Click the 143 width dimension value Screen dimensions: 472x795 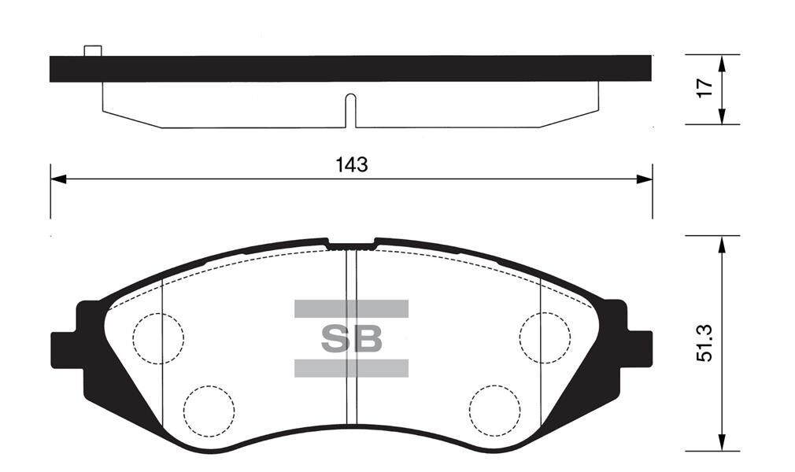pyautogui.click(x=351, y=165)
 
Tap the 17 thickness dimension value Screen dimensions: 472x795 pyautogui.click(x=706, y=88)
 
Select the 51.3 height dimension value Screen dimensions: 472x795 pyautogui.click(x=706, y=343)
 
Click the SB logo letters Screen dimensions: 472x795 pyautogui.click(x=351, y=339)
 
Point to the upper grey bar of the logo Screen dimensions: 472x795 pyautogui.click(x=351, y=308)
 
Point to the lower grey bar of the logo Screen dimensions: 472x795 pyautogui.click(x=351, y=368)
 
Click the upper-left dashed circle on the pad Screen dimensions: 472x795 pyautogui.click(x=158, y=338)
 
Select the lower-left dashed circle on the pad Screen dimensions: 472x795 pyautogui.click(x=209, y=410)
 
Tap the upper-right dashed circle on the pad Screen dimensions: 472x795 pyautogui.click(x=545, y=337)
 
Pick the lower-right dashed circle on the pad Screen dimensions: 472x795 pyautogui.click(x=494, y=410)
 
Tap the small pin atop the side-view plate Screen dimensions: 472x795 pyautogui.click(x=93, y=51)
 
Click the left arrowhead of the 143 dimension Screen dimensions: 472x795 pyautogui.click(x=57, y=179)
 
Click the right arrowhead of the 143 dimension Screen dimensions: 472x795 pyautogui.click(x=645, y=179)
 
